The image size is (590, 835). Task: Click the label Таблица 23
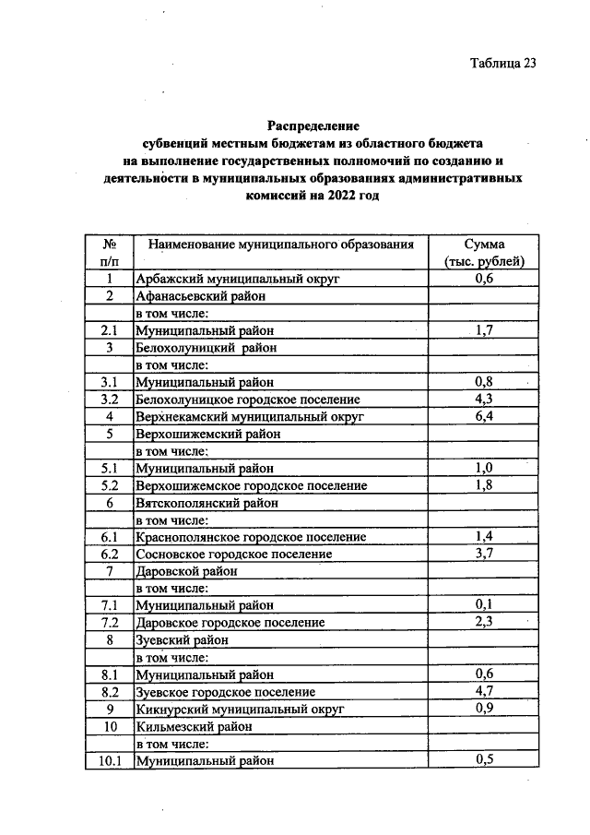[x=502, y=64]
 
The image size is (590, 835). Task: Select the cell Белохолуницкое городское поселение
[x=247, y=400]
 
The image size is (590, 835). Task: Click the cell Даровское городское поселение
[x=230, y=623]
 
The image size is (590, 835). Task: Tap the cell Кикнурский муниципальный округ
[x=240, y=710]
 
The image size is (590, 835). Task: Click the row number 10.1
[x=109, y=761]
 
